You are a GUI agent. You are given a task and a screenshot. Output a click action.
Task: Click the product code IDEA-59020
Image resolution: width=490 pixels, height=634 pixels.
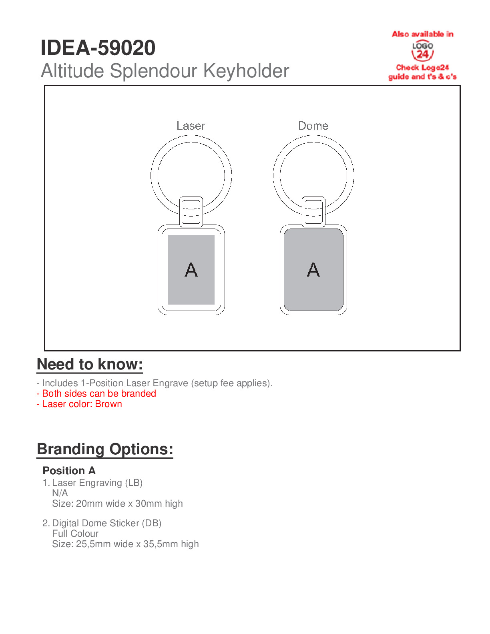[98, 48]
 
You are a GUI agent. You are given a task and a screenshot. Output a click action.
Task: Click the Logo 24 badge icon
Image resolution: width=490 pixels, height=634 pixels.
[422, 51]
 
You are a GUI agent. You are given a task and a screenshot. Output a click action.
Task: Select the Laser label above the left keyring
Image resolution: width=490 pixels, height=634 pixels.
[191, 126]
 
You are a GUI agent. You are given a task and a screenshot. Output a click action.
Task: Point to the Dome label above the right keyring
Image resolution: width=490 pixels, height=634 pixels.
[313, 126]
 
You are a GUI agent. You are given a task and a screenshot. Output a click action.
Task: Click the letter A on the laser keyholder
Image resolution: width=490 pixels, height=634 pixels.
[191, 270]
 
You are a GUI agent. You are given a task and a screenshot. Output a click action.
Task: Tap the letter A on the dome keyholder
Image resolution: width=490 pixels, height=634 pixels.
[313, 270]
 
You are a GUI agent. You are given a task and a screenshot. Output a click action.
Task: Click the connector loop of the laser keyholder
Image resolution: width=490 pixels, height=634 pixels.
[191, 212]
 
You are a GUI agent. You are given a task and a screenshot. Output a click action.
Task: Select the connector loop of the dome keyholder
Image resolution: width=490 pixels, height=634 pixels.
[313, 212]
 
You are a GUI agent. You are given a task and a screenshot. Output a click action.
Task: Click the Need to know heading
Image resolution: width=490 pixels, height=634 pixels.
[90, 365]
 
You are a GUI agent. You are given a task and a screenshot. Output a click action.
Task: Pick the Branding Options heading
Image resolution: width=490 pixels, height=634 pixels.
[105, 449]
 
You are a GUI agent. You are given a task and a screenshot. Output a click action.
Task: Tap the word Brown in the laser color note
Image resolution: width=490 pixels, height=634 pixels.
[108, 404]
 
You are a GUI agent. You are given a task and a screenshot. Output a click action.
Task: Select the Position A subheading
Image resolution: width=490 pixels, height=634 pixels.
[69, 471]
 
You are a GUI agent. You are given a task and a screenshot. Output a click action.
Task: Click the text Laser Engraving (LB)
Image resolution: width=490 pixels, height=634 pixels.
[97, 483]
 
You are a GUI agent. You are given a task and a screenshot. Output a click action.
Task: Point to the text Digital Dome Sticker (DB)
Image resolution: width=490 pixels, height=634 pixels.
[106, 523]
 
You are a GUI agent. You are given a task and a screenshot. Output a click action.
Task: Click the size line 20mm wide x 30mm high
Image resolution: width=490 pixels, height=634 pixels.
[117, 504]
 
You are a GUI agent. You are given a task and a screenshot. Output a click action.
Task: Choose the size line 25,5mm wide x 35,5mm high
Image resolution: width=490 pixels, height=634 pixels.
[125, 544]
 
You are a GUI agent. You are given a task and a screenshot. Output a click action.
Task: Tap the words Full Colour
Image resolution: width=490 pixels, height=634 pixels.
[75, 534]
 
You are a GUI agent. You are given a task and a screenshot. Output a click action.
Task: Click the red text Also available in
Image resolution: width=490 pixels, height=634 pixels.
[422, 34]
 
